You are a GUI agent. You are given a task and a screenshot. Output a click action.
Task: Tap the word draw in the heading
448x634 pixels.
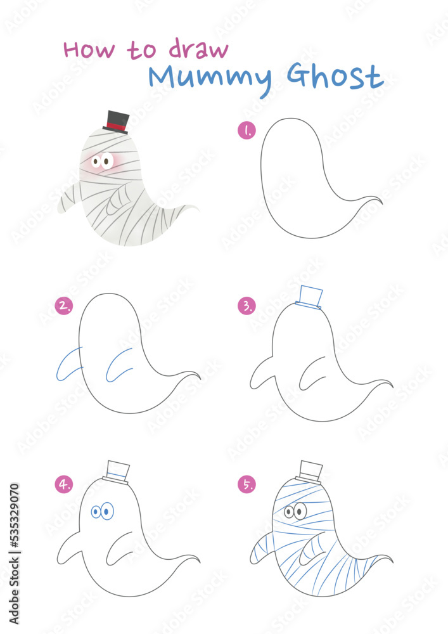(x=198, y=49)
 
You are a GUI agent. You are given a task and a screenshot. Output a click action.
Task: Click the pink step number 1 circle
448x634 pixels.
(x=246, y=131)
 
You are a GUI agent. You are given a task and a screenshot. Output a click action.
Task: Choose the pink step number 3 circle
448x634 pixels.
(x=246, y=306)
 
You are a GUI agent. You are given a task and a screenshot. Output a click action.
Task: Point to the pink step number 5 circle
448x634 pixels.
(x=246, y=485)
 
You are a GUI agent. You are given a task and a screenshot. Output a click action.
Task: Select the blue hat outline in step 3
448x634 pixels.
(x=309, y=297)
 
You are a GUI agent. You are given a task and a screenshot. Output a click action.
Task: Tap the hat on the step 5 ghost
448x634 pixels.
(x=310, y=472)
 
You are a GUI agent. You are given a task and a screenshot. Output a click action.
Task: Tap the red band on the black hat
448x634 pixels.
(x=115, y=126)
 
